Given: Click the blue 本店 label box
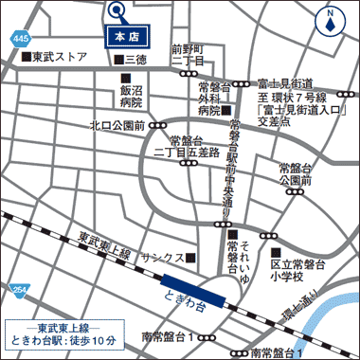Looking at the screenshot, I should tap(127, 36).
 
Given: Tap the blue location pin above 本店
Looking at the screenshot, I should tap(117, 11).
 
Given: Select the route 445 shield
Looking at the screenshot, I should tap(20, 38).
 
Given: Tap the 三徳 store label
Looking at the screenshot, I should tap(135, 60).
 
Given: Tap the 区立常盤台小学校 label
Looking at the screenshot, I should tap(297, 269).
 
